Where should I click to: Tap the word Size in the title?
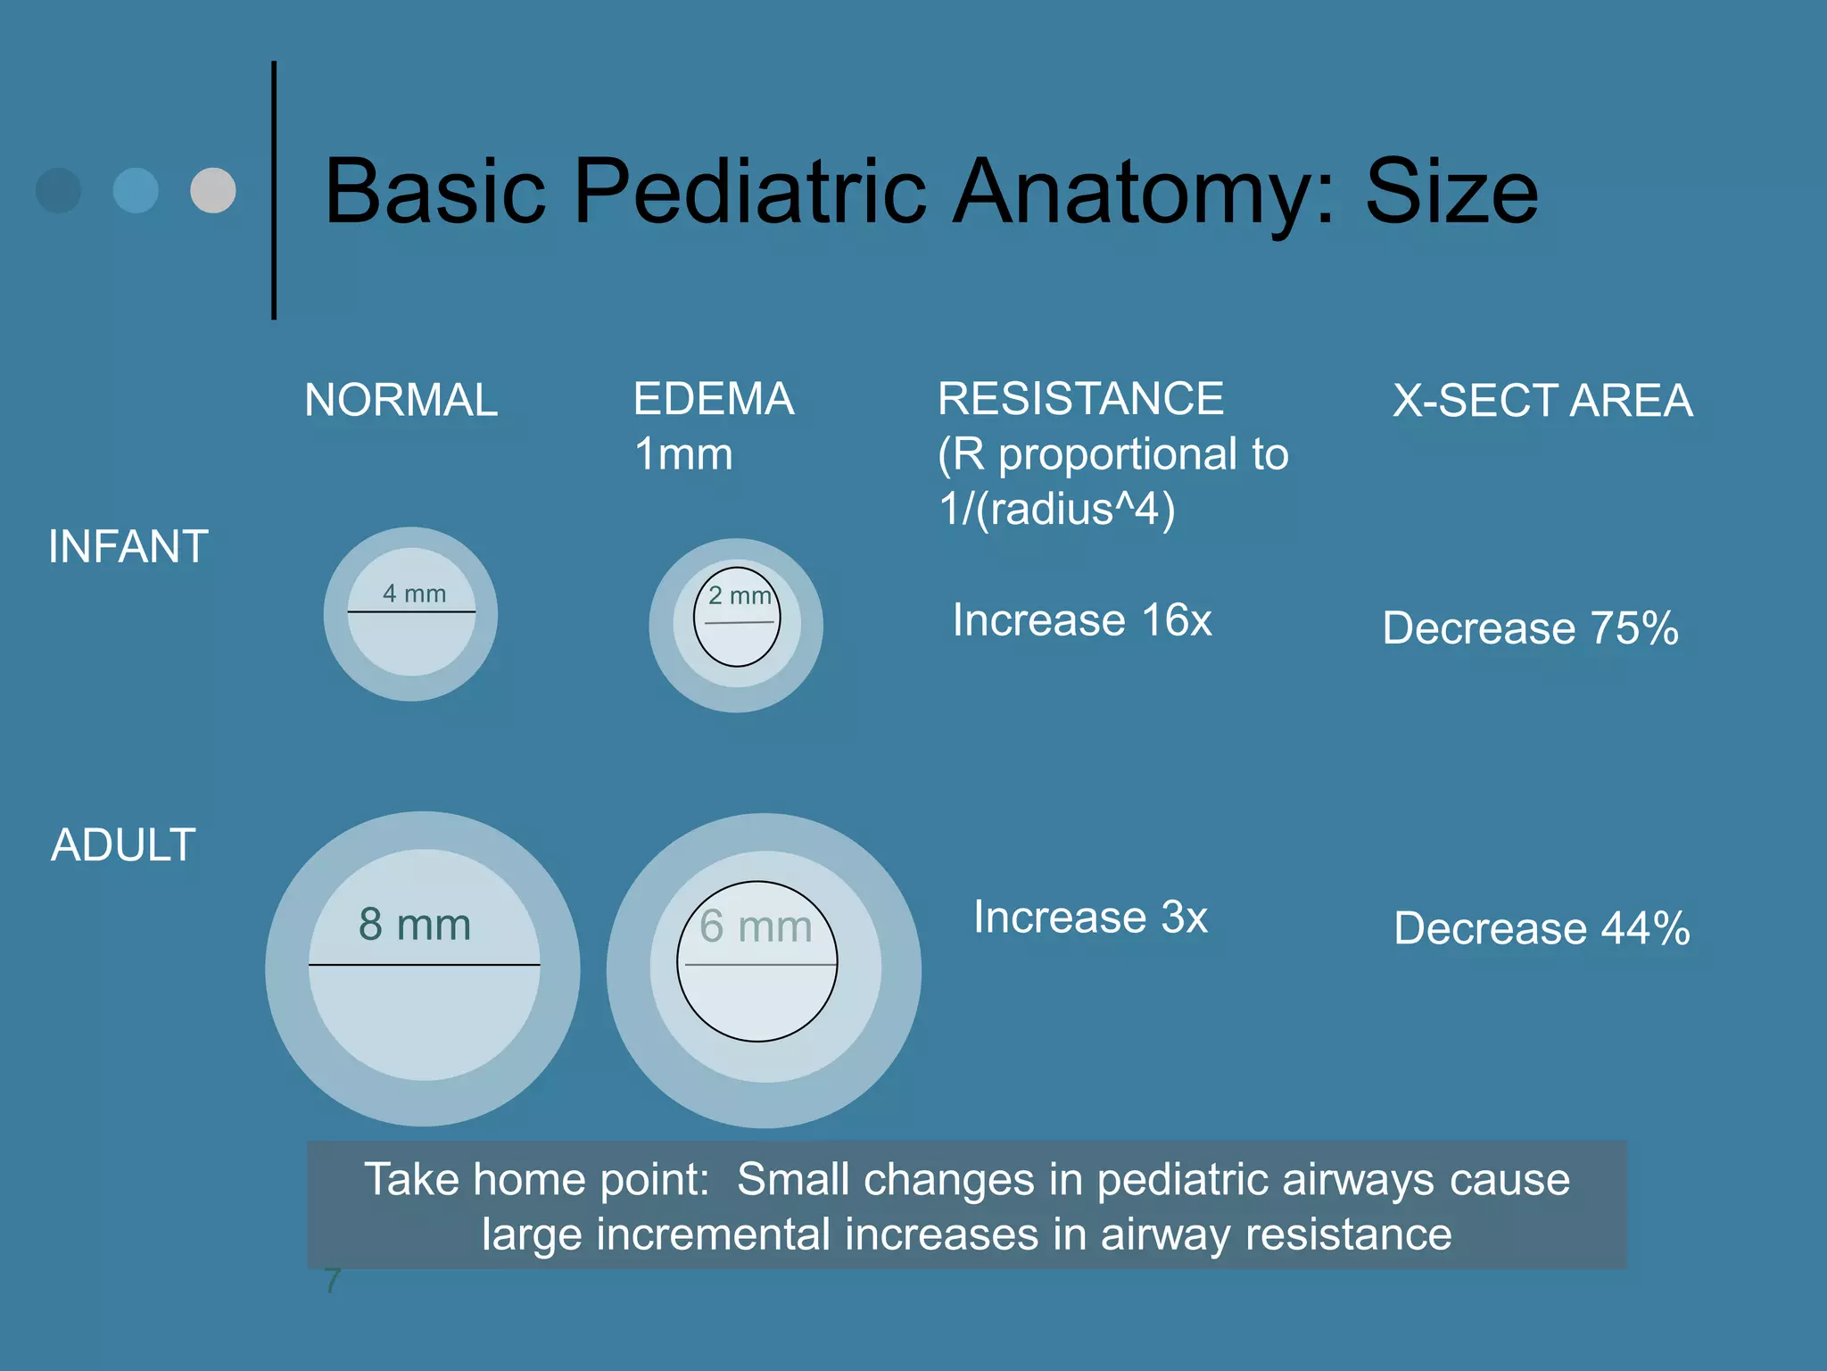click(x=1451, y=192)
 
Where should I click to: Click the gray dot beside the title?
click(x=213, y=190)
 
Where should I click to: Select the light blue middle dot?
click(x=136, y=190)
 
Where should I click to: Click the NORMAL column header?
click(x=401, y=400)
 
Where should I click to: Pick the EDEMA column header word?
click(x=714, y=399)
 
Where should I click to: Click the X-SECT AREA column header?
click(x=1542, y=401)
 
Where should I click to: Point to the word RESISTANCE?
click(x=1080, y=399)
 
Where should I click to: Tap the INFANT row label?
click(x=128, y=546)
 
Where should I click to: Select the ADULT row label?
click(x=123, y=844)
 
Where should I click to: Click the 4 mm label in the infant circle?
click(x=414, y=594)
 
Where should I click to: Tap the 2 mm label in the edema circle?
click(x=740, y=595)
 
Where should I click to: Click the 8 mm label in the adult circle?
click(x=415, y=925)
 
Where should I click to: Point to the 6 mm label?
click(x=756, y=926)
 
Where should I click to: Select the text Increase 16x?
click(x=1082, y=620)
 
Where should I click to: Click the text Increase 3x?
click(x=1090, y=918)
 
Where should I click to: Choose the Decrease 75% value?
click(x=1530, y=628)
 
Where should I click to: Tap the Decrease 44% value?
click(x=1542, y=928)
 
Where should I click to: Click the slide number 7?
click(x=332, y=1280)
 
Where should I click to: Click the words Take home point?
click(x=535, y=1180)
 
